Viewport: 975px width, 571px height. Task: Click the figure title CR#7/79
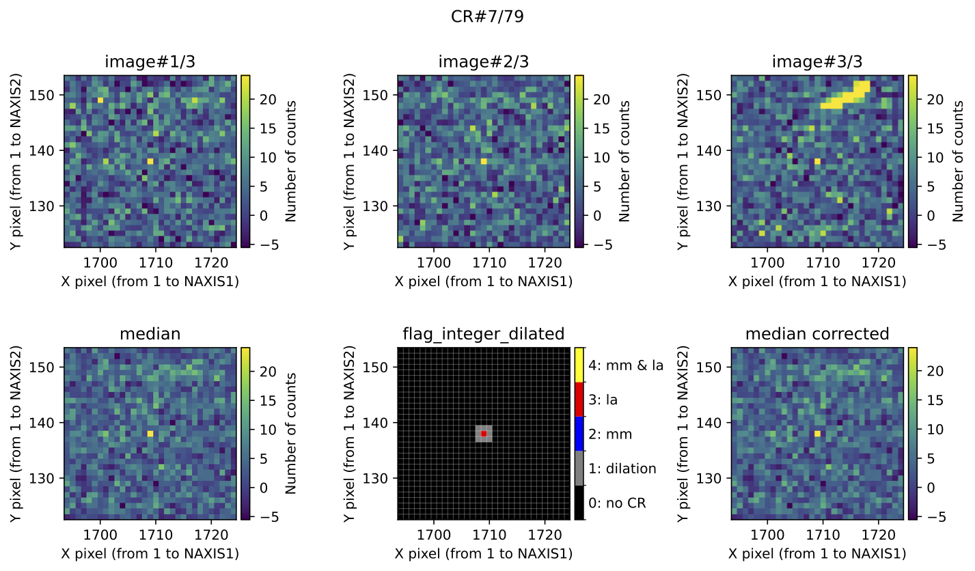[487, 17]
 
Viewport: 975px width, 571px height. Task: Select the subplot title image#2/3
[483, 61]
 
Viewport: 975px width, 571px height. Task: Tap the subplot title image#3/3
[817, 61]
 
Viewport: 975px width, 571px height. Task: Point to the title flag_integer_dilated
[483, 334]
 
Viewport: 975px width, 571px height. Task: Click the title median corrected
[817, 334]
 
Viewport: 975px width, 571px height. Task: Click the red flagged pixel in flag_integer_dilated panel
[484, 434]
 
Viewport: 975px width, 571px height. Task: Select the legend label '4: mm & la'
[626, 365]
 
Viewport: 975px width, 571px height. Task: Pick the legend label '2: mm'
[610, 434]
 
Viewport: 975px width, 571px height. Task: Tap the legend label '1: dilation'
[622, 469]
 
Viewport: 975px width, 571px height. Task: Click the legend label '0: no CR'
[617, 504]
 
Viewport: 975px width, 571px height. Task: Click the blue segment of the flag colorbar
[579, 434]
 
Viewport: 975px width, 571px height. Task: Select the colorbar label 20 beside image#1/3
[266, 100]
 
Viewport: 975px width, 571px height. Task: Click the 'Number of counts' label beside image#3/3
[957, 161]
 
